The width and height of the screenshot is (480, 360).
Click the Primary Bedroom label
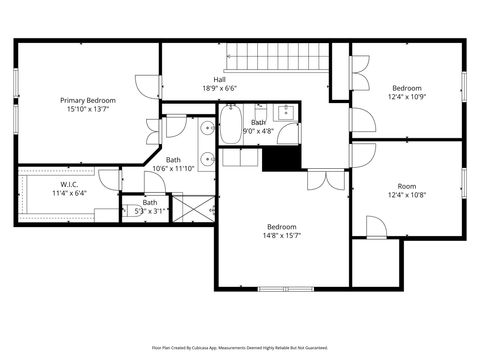[x=88, y=100]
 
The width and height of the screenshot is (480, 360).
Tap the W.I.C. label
[x=69, y=184]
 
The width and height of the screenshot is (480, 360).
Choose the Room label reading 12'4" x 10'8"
[x=407, y=186]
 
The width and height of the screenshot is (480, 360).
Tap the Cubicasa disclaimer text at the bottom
[x=240, y=348]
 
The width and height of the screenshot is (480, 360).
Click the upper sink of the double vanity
[x=205, y=128]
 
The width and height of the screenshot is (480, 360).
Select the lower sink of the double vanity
[x=205, y=158]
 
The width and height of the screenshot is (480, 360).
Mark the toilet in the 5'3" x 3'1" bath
[x=127, y=210]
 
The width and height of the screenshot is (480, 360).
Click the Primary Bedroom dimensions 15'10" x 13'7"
[x=88, y=109]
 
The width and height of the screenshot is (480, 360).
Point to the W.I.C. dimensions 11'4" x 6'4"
[x=69, y=193]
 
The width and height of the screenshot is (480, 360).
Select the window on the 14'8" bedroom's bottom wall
[x=287, y=289]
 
